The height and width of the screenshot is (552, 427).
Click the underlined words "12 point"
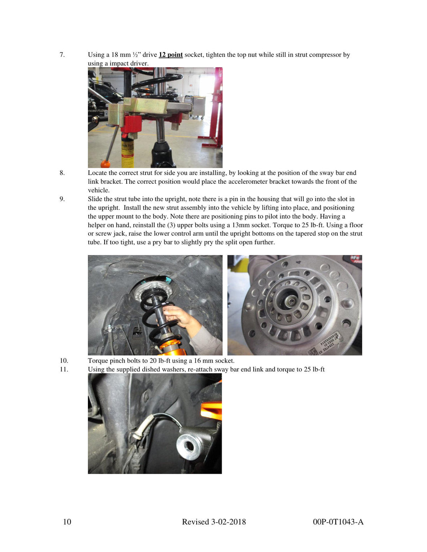171,55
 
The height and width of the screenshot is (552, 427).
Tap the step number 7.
62,55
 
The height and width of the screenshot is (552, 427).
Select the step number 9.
62,199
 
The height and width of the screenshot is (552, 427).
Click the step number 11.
64,369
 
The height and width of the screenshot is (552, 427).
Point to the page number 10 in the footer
67,522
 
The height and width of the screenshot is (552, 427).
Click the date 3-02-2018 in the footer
229,522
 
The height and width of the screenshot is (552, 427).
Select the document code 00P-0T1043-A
338,522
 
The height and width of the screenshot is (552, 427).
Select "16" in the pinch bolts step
197,360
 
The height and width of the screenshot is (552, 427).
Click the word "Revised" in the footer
196,522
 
